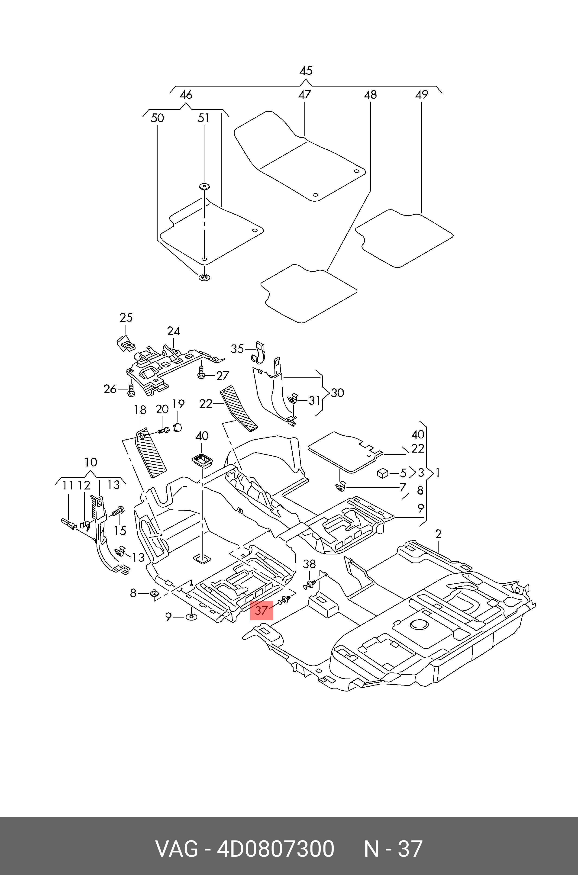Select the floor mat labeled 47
(x=300, y=156)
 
